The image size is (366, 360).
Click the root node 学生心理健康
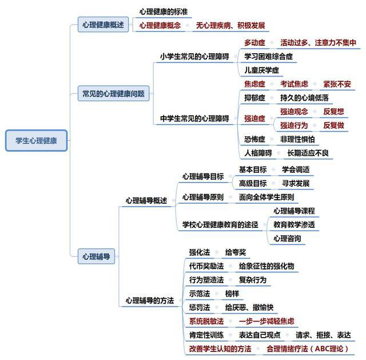tap(37, 140)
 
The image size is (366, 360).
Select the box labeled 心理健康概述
tap(103, 25)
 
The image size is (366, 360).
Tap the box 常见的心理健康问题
tap(113, 93)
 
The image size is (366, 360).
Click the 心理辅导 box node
tap(96, 256)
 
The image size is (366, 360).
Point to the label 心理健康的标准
tap(164, 11)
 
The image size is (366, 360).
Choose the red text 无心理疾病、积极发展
tap(230, 25)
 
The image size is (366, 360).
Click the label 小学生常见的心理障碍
tap(194, 57)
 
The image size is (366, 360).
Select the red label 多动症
tap(254, 43)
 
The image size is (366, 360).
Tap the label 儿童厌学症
tap(261, 70)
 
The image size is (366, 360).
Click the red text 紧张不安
tap(337, 84)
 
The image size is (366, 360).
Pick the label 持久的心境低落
tap(304, 98)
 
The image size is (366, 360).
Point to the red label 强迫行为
tap(294, 125)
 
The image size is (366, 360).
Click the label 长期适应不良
tap(308, 153)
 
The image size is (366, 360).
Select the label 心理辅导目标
tap(203, 176)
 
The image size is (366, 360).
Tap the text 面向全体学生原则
tap(266, 197)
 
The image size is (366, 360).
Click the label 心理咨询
tap(287, 239)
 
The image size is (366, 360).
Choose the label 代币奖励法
tap(206, 266)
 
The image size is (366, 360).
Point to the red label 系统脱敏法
tap(206, 321)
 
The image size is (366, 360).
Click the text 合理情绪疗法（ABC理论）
tap(308, 349)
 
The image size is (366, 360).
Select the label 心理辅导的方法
tap(150, 300)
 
